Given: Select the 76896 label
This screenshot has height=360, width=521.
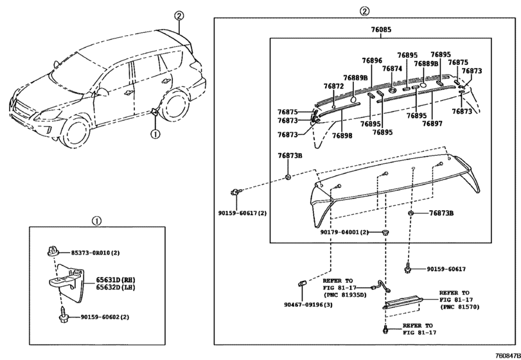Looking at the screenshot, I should click(372, 60).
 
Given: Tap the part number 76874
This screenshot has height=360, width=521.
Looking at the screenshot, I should click(392, 69).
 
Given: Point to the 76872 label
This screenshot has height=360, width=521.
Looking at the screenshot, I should click(333, 85).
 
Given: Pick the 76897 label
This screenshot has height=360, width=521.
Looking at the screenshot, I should click(432, 123).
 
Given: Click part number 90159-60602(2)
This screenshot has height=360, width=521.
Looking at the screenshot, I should click(105, 317).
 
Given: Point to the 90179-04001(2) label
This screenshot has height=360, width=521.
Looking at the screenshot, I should click(344, 232).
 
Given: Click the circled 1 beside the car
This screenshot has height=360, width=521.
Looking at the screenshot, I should click(154, 134).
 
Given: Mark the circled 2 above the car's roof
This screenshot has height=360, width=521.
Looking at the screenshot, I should click(179, 16).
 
